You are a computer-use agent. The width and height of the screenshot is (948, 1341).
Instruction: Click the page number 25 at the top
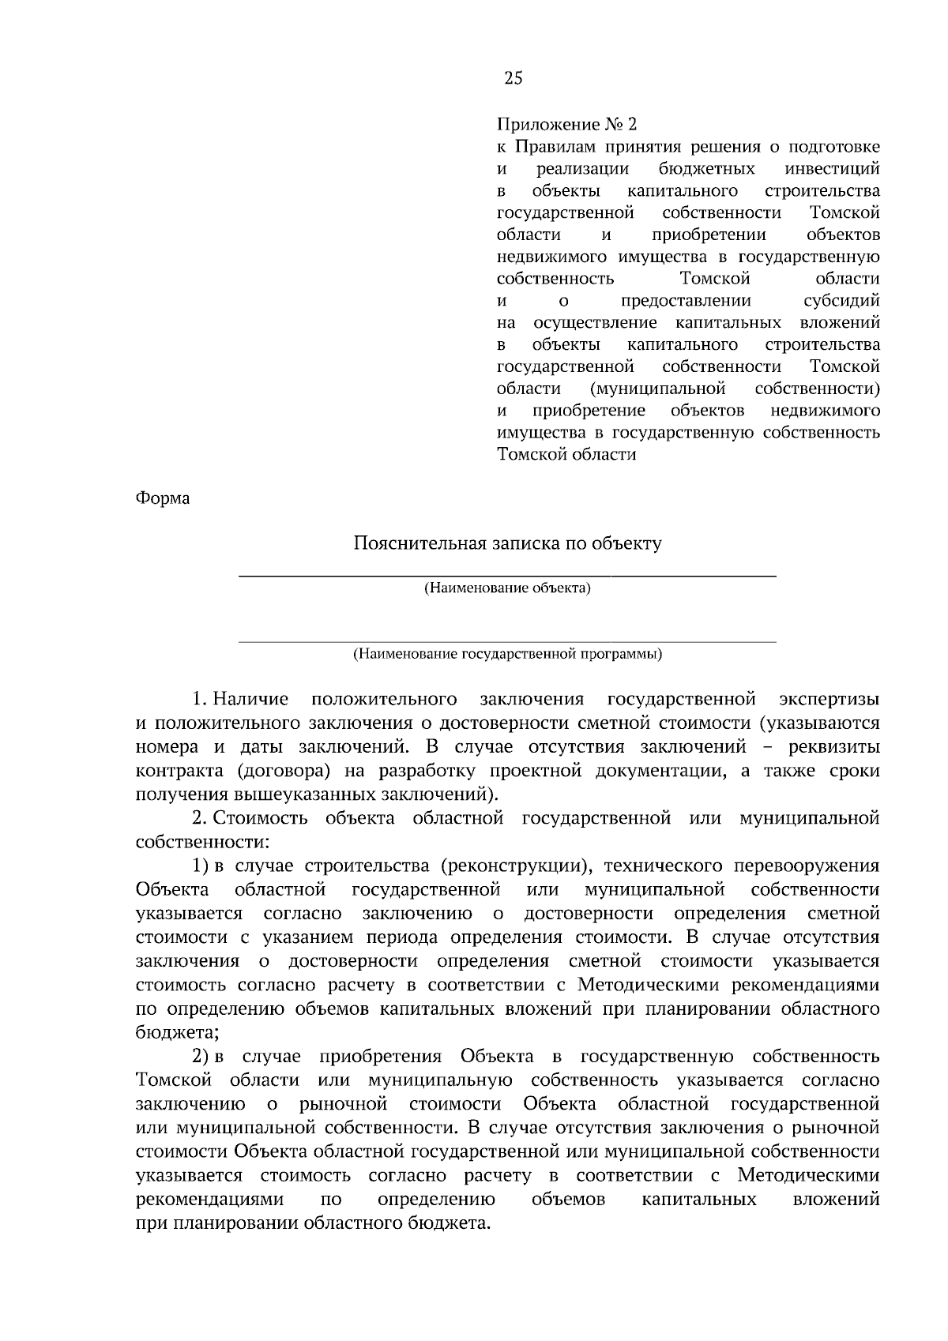[x=513, y=77]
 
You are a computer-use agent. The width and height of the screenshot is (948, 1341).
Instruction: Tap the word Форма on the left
[x=163, y=498]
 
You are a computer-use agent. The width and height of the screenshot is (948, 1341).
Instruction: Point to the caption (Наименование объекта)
[x=507, y=588]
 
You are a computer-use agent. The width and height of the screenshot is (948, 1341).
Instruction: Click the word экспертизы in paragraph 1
[x=829, y=699]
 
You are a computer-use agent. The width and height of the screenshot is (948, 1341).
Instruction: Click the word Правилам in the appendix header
[x=557, y=147]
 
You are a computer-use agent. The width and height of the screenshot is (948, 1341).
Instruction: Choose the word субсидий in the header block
[x=841, y=301]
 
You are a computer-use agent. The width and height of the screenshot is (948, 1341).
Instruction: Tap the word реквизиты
[x=836, y=746]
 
